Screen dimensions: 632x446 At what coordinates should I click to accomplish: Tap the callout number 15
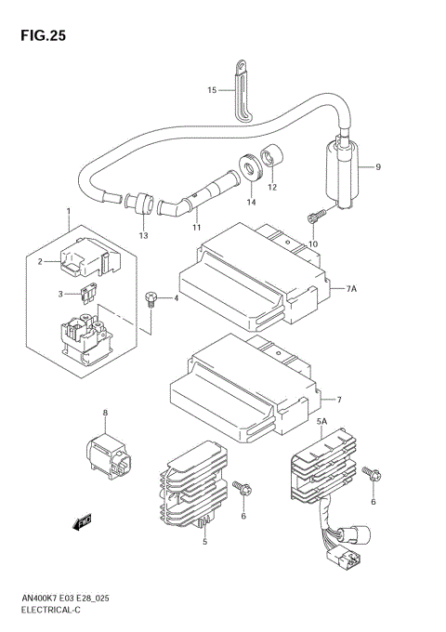[211, 90]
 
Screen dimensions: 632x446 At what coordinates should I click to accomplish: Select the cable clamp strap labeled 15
[241, 90]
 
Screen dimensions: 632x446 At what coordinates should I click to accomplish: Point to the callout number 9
[379, 167]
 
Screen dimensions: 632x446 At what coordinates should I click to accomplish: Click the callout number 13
[144, 236]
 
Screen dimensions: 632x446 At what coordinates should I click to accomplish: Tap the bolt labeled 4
[150, 298]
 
